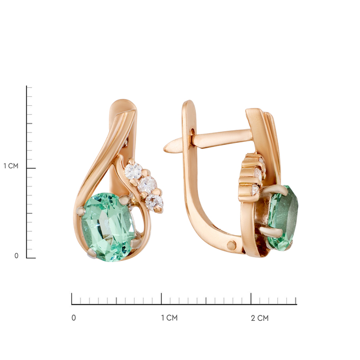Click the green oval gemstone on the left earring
click(109, 227)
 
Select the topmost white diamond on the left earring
click(133, 171)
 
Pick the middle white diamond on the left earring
click(147, 185)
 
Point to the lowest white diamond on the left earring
click(154, 202)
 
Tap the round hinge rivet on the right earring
click(231, 246)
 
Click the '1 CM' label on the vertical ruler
click(11, 166)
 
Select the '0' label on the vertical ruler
click(16, 256)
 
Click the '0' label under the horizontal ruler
click(74, 318)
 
